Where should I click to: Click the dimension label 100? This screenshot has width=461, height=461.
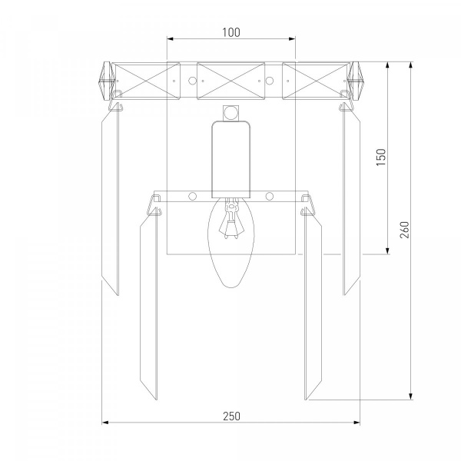(231, 32)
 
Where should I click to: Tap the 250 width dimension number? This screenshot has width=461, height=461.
(232, 416)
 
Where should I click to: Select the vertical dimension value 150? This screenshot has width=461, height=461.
(381, 157)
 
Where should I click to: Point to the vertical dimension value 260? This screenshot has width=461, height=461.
(405, 230)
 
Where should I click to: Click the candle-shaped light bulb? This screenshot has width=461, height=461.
(231, 242)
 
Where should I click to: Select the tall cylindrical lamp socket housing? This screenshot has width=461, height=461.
(231, 159)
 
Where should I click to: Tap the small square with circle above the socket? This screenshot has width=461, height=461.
(231, 113)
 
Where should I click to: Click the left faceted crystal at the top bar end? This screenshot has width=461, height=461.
(107, 81)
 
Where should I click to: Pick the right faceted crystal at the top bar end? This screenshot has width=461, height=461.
(356, 81)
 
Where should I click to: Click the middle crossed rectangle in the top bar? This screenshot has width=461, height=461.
(230, 81)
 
